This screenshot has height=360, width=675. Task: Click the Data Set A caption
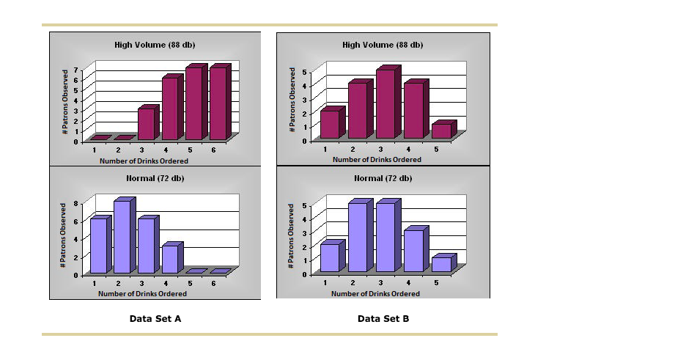[x=155, y=318]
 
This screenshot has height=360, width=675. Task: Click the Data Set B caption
[x=383, y=318]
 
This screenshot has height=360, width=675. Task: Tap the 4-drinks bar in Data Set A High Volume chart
[x=170, y=109]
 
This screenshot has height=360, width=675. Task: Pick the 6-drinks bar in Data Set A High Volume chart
[x=218, y=103]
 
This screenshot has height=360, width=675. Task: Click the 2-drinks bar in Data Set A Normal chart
[x=122, y=236]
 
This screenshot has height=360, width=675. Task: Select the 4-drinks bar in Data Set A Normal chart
[x=170, y=258]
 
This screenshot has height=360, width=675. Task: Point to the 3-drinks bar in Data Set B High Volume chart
[x=385, y=103]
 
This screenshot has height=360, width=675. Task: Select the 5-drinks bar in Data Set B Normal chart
[x=440, y=264]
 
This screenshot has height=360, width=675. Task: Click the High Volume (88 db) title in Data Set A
[x=155, y=45]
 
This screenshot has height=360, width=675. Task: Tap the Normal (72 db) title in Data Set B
[x=383, y=178]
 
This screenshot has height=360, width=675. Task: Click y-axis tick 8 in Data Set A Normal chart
[x=75, y=204]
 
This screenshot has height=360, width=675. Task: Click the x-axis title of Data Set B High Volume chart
[x=377, y=159]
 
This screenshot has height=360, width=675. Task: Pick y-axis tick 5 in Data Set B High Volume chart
[x=304, y=73]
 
